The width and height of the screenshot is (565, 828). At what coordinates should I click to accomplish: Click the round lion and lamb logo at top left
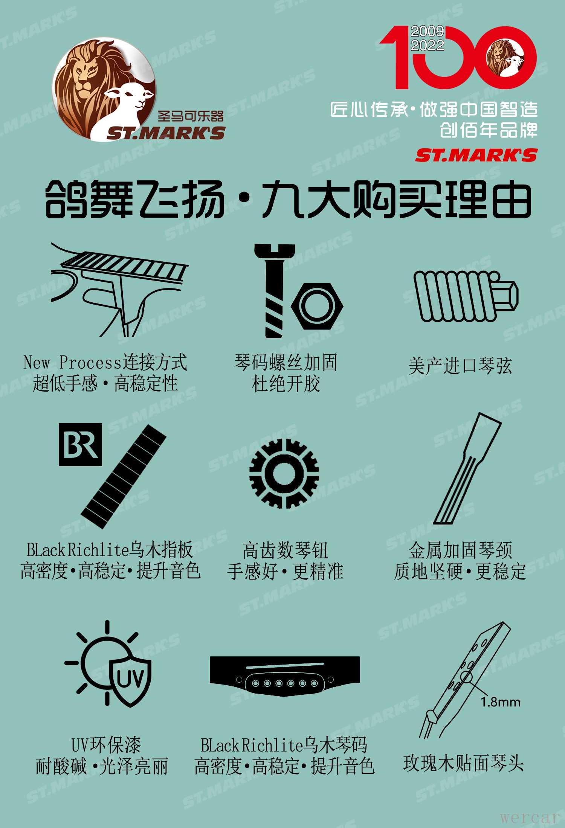(104, 89)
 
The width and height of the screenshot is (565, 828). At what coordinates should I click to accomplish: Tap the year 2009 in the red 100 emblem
(427, 31)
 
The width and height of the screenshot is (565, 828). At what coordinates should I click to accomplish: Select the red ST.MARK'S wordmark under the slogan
(476, 155)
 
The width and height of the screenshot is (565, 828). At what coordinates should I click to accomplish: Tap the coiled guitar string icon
(466, 296)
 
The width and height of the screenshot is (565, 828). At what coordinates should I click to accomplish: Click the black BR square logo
(80, 445)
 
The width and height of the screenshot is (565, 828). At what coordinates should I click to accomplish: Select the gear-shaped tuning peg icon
(284, 473)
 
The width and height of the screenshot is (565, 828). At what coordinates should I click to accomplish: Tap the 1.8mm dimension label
(500, 702)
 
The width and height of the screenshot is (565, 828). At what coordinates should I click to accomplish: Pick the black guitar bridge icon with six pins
(285, 676)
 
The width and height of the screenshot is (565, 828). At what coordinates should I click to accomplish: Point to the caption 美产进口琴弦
(460, 366)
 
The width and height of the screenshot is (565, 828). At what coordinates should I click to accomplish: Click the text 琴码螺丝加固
(286, 363)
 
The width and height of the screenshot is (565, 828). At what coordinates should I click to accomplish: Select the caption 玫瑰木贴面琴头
(463, 763)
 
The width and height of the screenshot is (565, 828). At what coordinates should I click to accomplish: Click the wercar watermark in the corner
(529, 817)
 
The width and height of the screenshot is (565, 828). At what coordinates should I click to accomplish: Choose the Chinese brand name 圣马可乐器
(191, 116)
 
